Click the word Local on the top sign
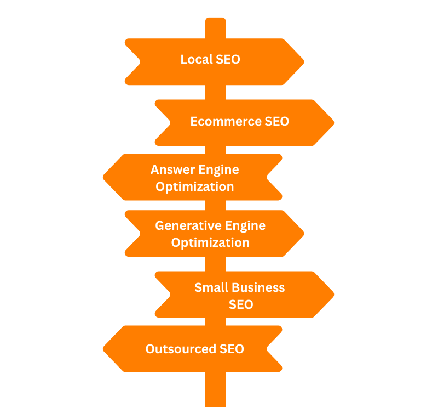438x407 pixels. coord(196,59)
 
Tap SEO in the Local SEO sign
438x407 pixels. coord(228,59)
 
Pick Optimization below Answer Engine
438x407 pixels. coord(194,186)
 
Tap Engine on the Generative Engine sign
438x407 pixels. coord(246,225)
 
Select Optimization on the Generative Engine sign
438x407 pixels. coord(210,242)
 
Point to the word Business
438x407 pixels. coord(258,287)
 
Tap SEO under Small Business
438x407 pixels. coord(241,304)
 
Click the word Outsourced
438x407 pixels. coord(180,349)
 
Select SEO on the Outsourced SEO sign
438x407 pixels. coord(232,349)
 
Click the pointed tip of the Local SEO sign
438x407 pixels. coord(303,61)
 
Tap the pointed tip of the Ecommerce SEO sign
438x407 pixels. coord(333,122)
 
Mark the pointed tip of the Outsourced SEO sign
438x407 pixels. coord(104,349)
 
